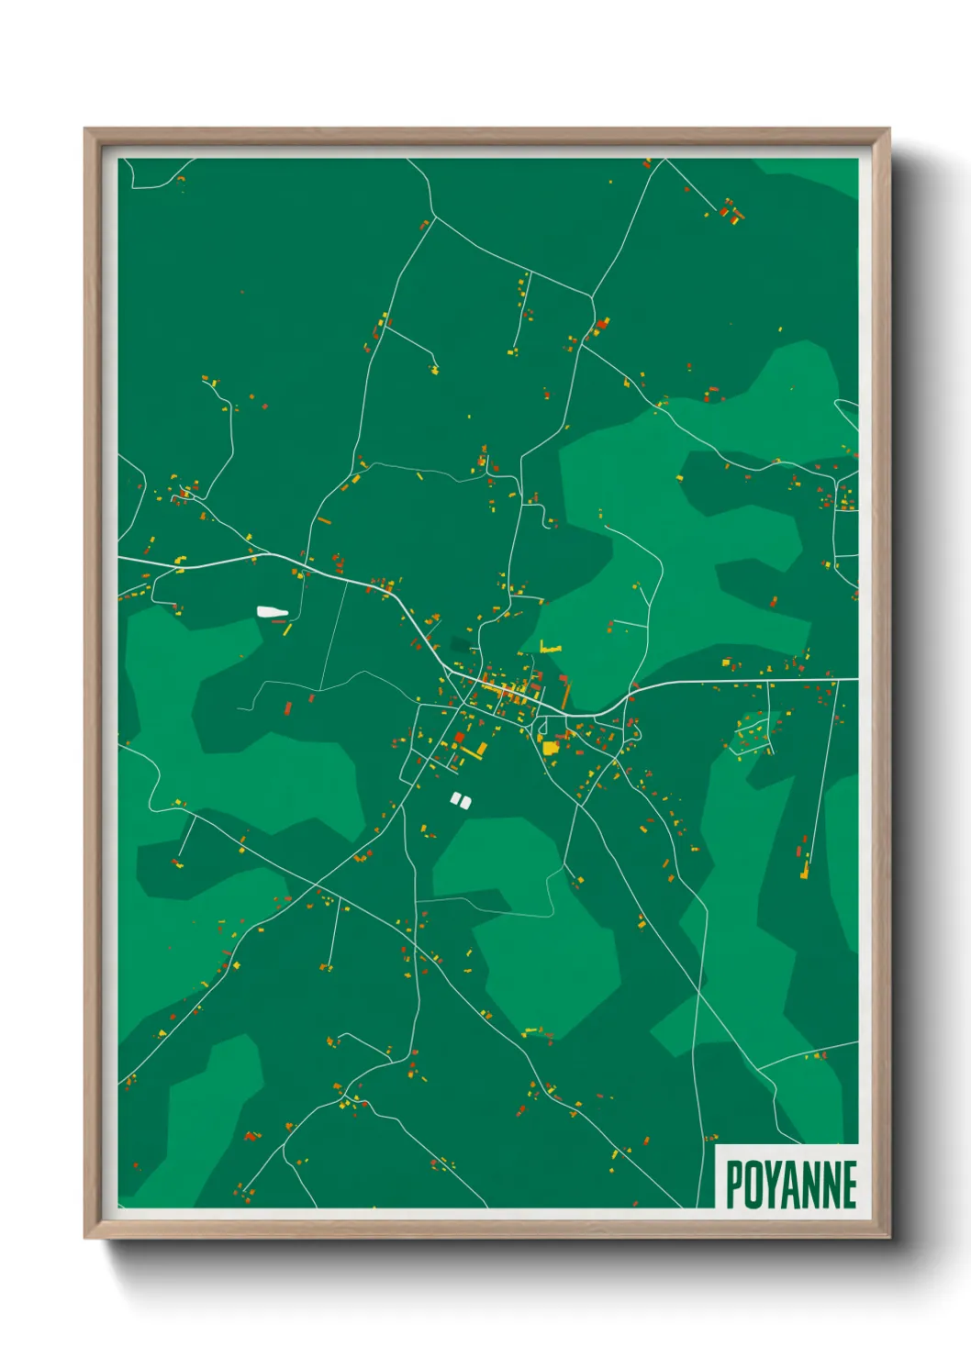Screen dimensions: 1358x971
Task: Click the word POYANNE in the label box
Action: click(x=791, y=1185)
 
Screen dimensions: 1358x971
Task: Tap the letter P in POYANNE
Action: click(x=733, y=1185)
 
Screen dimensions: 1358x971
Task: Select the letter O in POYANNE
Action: click(x=752, y=1185)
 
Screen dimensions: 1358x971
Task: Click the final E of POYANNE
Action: click(x=849, y=1185)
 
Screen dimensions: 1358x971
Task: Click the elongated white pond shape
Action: click(x=272, y=611)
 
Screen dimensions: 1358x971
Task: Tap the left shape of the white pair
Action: click(x=454, y=800)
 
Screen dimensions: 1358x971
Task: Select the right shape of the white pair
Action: click(x=465, y=802)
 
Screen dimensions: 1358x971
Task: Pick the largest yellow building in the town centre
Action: click(x=550, y=747)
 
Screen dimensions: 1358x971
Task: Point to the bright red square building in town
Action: click(x=460, y=736)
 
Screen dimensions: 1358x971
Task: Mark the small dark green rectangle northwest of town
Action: click(x=458, y=644)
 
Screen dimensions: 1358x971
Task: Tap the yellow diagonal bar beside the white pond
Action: click(x=286, y=629)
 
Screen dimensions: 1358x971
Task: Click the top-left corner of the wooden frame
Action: click(x=86, y=130)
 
